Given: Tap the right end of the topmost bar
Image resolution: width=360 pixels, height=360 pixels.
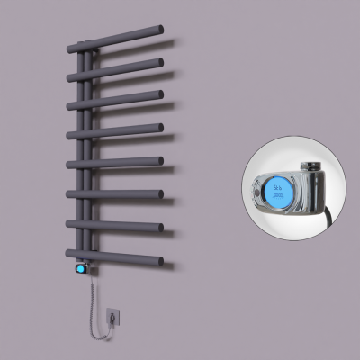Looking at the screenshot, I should click(x=162, y=31).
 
